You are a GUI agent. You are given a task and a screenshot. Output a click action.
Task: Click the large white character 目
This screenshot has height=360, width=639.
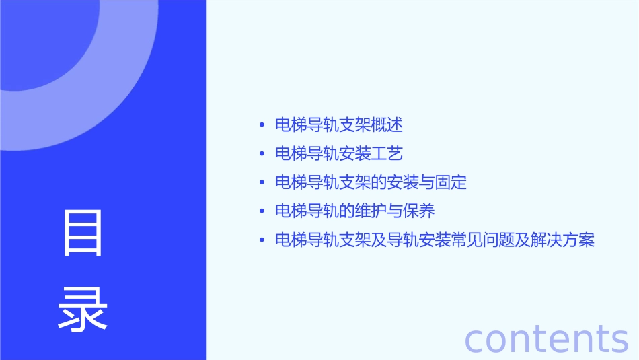[83, 233]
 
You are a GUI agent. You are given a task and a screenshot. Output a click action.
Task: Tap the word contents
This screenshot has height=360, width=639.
[546, 338]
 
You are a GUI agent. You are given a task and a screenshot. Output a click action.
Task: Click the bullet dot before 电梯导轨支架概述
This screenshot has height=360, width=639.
[262, 125]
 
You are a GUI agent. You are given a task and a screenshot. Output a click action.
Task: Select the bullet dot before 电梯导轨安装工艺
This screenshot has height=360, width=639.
[262, 154]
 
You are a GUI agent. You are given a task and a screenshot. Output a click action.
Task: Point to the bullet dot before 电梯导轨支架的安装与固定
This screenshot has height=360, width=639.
[262, 183]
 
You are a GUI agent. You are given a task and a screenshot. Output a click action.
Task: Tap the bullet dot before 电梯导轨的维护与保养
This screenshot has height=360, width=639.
[262, 211]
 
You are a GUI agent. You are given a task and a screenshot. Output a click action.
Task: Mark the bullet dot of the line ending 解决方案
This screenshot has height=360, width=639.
[262, 240]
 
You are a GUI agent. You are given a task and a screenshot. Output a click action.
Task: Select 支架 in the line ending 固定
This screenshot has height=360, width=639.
[339, 183]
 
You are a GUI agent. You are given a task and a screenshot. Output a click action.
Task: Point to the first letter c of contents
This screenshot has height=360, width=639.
[475, 340]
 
